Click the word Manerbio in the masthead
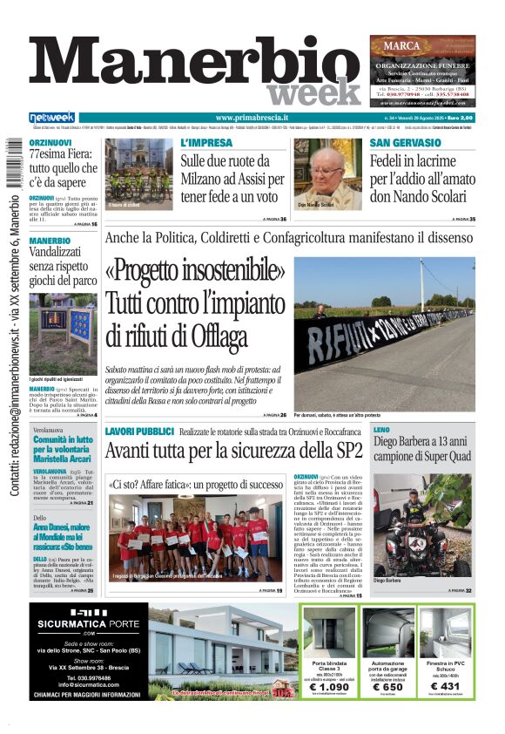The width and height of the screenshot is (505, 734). point(195,64)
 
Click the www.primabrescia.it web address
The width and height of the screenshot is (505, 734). point(252,118)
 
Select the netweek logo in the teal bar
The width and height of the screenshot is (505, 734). point(52,118)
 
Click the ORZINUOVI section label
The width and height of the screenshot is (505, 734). point(50,143)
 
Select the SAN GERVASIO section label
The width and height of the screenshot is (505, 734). point(405,142)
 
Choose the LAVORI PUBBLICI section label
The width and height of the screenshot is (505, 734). point(138,432)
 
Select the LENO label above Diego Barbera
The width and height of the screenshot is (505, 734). point(381,432)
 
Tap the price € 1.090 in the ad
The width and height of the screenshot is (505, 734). point(329,687)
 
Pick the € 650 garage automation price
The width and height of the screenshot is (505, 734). point(388,687)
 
